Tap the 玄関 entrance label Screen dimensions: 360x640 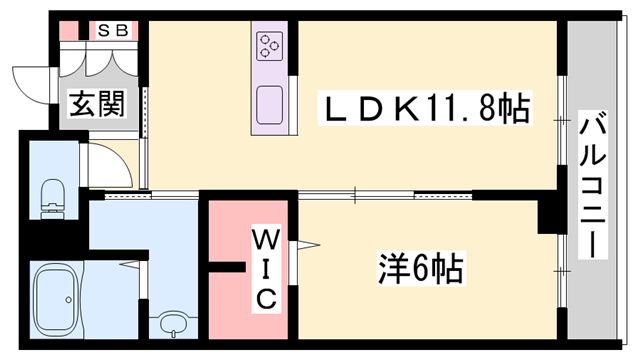pyautogui.click(x=96, y=103)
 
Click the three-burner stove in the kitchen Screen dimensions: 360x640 pyautogui.click(x=270, y=46)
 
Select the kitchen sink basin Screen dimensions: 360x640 pyautogui.click(x=270, y=105)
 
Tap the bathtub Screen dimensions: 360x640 pyautogui.click(x=60, y=300)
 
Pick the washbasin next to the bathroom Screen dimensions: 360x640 pyautogui.click(x=173, y=324)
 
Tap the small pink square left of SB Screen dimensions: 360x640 pyautogui.click(x=67, y=31)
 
